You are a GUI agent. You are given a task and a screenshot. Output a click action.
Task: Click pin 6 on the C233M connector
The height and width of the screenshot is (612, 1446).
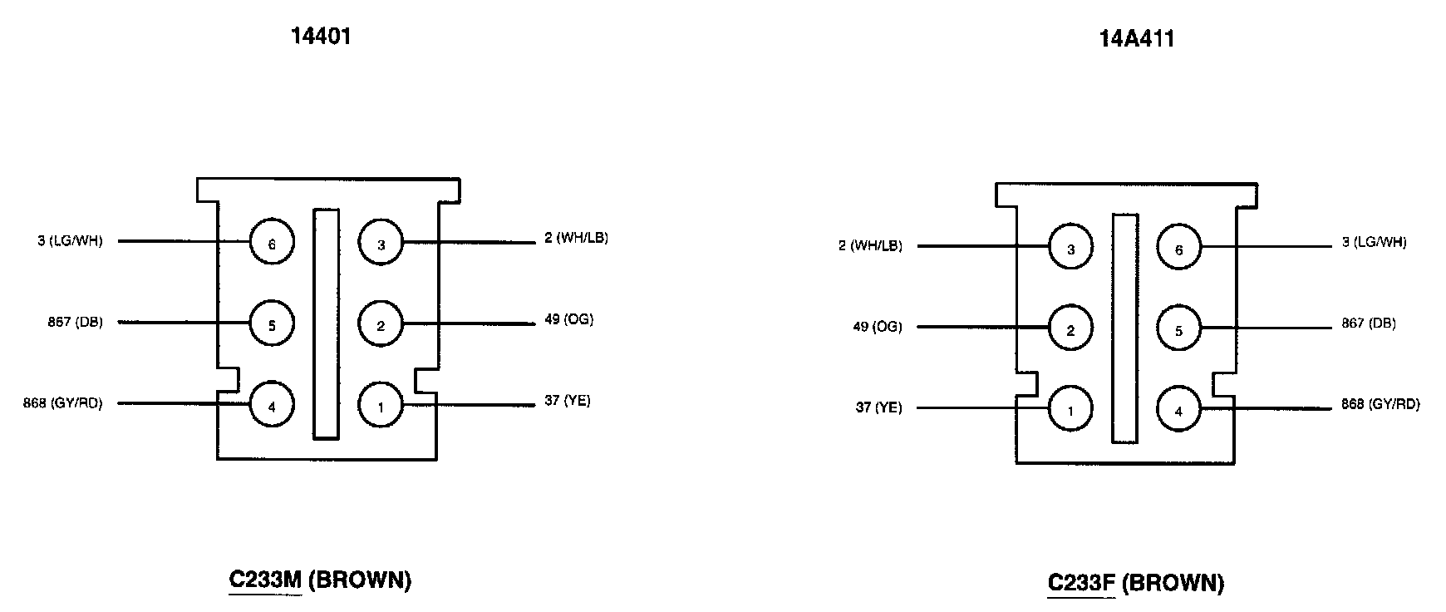pyautogui.click(x=272, y=244)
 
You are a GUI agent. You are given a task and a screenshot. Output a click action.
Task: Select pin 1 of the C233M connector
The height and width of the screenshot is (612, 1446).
pyautogui.click(x=381, y=406)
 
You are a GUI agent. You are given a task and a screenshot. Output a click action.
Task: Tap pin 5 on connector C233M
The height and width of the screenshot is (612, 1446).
pyautogui.click(x=272, y=324)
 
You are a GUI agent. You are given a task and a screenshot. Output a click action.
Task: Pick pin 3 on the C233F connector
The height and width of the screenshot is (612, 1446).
pyautogui.click(x=1070, y=249)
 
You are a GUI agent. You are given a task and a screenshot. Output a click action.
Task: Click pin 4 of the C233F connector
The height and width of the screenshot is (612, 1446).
pyautogui.click(x=1178, y=411)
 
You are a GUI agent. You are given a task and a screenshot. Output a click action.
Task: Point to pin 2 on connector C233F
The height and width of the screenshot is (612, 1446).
pyautogui.click(x=1070, y=330)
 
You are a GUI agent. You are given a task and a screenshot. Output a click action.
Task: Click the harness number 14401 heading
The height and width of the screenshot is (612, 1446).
pyautogui.click(x=321, y=37)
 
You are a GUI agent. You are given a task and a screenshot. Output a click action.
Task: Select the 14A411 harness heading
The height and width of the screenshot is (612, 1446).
pyautogui.click(x=1137, y=39)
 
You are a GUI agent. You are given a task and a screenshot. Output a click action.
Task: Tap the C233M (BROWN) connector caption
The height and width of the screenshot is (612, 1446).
pyautogui.click(x=320, y=580)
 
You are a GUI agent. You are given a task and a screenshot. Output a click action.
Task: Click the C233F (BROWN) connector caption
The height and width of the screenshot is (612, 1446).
pyautogui.click(x=1135, y=583)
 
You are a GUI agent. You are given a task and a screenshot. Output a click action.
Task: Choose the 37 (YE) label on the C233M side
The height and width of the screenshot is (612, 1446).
pyautogui.click(x=568, y=401)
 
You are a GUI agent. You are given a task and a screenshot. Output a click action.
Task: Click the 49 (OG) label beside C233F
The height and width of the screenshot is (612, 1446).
pyautogui.click(x=878, y=327)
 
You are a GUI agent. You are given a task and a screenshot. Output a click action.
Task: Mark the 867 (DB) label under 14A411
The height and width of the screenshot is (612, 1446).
pyautogui.click(x=1369, y=323)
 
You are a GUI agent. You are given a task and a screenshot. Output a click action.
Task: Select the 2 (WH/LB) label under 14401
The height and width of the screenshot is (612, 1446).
pyautogui.click(x=576, y=239)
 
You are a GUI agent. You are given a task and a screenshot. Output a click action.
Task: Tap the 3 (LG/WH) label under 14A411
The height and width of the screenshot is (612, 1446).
pyautogui.click(x=1375, y=243)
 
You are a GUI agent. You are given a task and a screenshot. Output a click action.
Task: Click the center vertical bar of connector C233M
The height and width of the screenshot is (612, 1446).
pyautogui.click(x=326, y=324)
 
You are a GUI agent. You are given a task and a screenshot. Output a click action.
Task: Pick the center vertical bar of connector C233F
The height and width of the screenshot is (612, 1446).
pyautogui.click(x=1124, y=328)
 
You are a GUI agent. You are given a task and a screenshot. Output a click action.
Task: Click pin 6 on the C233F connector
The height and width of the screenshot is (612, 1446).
pyautogui.click(x=1178, y=249)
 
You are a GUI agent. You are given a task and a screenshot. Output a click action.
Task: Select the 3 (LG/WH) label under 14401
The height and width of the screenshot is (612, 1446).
pyautogui.click(x=71, y=242)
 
